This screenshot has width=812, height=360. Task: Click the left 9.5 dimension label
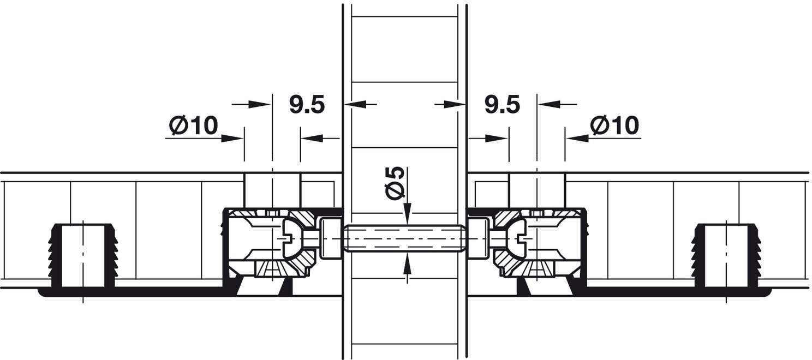coord(307,104)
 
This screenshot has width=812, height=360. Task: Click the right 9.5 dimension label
coord(502,104)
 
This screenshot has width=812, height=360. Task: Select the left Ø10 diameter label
coord(194,125)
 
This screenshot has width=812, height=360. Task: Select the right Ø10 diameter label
coord(614,125)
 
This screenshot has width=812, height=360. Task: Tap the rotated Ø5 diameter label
coord(395,183)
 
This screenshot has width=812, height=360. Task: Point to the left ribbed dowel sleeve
coord(83,256)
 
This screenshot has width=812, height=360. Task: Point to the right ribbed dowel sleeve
coord(726,256)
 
